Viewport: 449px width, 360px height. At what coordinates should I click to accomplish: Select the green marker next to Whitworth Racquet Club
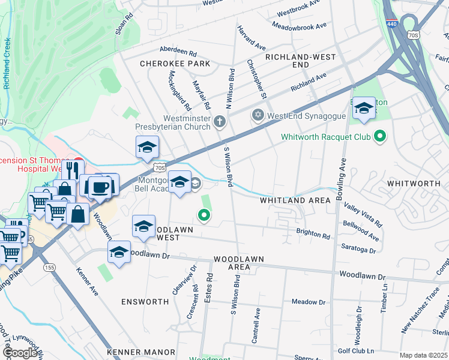[379, 137]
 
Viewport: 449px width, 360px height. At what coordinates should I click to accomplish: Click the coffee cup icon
[100, 187]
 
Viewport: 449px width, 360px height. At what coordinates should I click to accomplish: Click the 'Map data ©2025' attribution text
[424, 355]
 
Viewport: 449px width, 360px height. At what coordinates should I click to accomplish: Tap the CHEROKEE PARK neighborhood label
[175, 64]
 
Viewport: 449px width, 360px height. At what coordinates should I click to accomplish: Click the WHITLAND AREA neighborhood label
[295, 200]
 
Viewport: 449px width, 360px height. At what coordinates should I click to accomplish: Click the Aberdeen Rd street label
[178, 52]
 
